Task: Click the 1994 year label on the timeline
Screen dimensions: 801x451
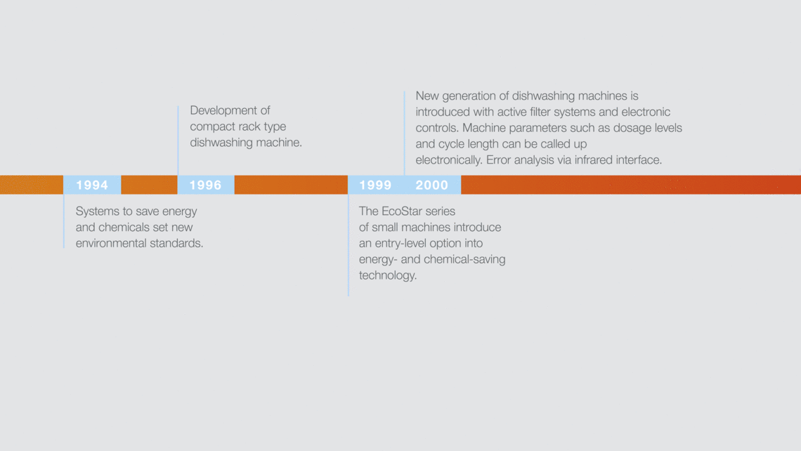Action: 92,185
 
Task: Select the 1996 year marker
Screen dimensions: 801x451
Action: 205,185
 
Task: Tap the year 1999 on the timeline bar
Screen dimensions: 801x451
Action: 375,185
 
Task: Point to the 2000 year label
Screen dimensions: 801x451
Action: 431,185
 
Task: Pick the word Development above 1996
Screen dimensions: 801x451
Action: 223,111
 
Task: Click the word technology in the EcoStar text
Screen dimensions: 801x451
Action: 388,275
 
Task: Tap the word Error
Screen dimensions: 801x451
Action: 500,160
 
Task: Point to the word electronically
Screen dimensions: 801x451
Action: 449,160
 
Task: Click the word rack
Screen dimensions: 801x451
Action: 249,126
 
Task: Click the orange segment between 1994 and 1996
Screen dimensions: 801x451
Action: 149,185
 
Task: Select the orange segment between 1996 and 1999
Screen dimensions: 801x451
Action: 291,185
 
